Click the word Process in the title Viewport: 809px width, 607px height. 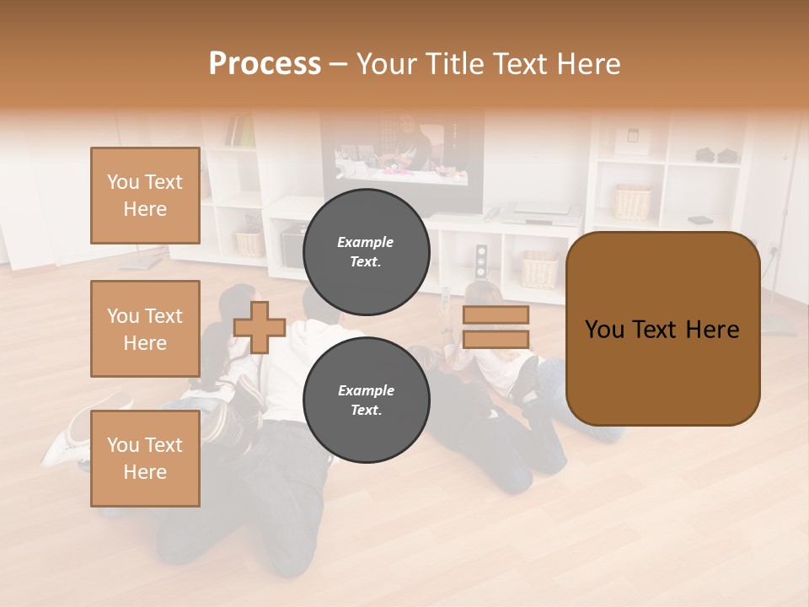coord(265,64)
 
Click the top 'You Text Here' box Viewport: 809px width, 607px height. coord(145,196)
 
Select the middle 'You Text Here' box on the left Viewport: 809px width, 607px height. coord(145,329)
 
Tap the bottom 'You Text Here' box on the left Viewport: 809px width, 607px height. coord(145,458)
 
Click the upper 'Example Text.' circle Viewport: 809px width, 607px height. coord(366,251)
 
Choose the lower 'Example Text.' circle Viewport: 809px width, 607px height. coord(366,400)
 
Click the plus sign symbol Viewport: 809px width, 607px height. coord(260,327)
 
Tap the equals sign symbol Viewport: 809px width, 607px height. coord(496,327)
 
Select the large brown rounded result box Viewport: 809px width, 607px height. coord(662,329)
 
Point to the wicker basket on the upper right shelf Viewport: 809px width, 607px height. coord(633,202)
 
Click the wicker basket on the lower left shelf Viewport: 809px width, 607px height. coord(249,242)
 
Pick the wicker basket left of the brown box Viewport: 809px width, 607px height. coord(539,270)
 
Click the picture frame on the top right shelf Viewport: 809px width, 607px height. coord(629,138)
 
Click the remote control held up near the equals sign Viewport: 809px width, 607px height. coord(446,298)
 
